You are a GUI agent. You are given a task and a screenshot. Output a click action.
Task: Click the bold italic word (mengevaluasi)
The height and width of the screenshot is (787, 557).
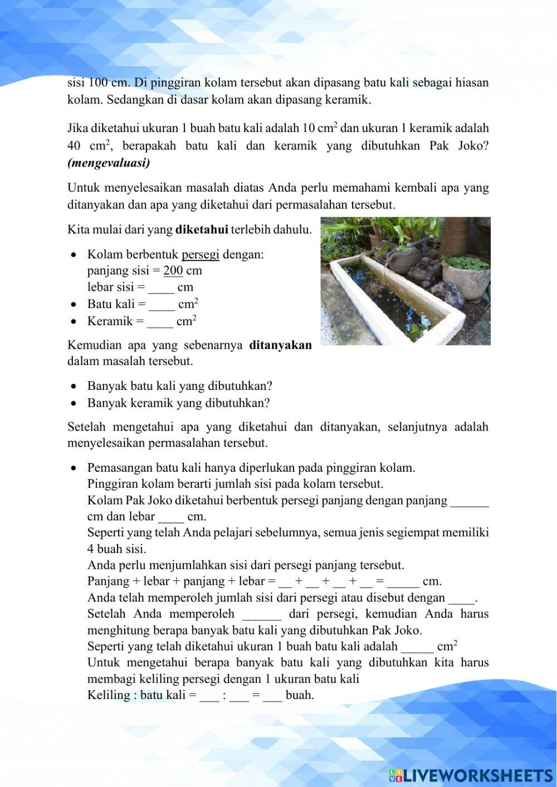pos(109,163)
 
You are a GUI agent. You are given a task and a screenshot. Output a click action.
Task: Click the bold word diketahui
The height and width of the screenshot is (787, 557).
pos(202,229)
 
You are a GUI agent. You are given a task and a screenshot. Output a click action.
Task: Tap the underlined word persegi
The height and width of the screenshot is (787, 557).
pos(201,255)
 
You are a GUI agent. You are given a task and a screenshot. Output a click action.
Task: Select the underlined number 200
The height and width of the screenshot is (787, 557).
pos(173,271)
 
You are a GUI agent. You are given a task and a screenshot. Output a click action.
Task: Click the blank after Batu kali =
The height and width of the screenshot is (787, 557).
pos(162,305)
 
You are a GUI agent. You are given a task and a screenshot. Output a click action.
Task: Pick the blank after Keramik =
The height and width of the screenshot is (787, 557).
pos(160,321)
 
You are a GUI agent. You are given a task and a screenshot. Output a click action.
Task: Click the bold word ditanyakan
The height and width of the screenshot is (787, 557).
pos(280,345)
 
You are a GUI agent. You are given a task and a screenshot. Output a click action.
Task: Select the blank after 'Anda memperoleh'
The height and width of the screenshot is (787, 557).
pos(262,614)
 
